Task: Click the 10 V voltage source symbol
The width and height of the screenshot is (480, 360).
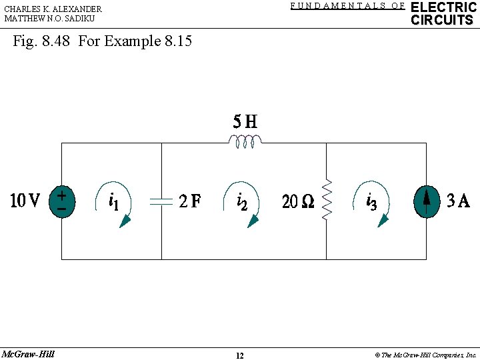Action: (x=62, y=202)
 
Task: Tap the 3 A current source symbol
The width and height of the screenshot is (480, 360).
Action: (x=427, y=202)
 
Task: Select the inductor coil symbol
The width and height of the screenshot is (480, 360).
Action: (x=245, y=141)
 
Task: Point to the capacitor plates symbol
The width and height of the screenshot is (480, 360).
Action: (x=161, y=201)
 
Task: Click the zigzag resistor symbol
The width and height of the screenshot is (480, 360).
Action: (x=327, y=199)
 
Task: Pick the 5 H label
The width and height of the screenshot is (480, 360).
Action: (x=245, y=121)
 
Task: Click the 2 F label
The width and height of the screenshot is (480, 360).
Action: (x=190, y=201)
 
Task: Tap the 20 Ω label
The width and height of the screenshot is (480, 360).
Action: (x=298, y=201)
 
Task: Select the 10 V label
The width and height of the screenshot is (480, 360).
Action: (x=25, y=201)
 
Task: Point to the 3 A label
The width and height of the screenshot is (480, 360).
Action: (x=458, y=201)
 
